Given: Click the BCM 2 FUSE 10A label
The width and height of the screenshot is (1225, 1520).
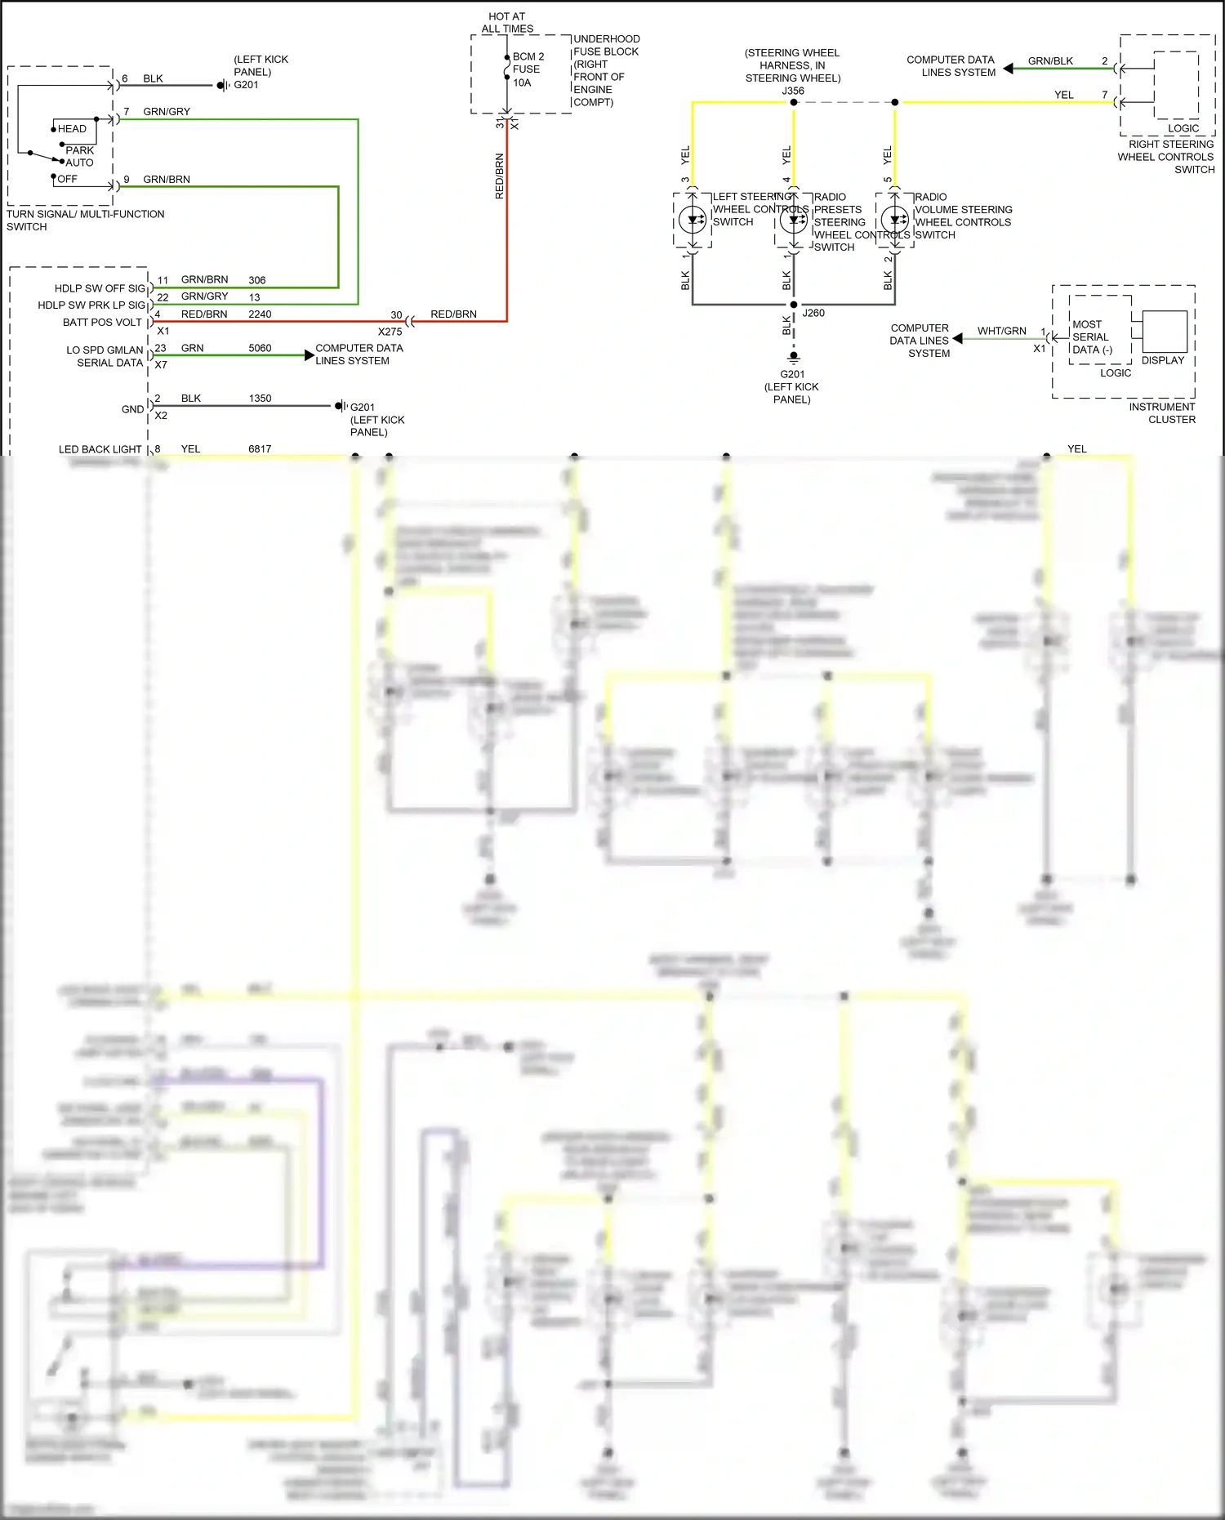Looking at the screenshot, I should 528,69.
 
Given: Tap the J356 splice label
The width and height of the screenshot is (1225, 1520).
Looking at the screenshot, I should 793,91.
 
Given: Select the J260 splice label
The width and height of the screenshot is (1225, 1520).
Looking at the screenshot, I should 813,313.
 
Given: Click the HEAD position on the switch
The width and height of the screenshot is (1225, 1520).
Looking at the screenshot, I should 72,129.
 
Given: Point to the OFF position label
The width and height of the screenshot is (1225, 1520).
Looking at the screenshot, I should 67,179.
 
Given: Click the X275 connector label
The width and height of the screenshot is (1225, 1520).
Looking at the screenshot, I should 390,332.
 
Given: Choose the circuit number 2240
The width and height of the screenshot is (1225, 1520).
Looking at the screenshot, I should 260,314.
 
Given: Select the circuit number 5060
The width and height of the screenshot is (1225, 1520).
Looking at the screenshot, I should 260,348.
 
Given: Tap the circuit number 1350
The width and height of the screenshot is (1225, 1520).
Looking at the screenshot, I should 260,399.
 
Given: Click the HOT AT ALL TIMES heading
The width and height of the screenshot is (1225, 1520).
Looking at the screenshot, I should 507,22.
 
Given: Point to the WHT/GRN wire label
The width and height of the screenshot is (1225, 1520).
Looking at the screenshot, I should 1001,331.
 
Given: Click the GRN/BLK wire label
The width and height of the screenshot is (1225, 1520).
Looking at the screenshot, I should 1050,61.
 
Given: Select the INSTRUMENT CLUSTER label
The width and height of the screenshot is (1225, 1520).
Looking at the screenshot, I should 1161,413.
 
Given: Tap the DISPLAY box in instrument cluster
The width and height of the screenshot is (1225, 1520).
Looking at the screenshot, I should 1164,332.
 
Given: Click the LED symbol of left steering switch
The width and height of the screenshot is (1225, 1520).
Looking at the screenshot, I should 693,220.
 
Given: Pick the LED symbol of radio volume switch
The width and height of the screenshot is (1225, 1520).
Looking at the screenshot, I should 895,220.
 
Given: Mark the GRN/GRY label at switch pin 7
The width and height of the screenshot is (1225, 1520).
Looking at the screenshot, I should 167,112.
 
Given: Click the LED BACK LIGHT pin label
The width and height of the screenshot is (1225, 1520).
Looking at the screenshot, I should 100,449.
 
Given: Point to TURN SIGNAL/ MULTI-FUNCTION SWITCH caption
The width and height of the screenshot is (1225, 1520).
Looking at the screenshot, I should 85,221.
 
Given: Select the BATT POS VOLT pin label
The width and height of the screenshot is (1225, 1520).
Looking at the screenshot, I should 102,323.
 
